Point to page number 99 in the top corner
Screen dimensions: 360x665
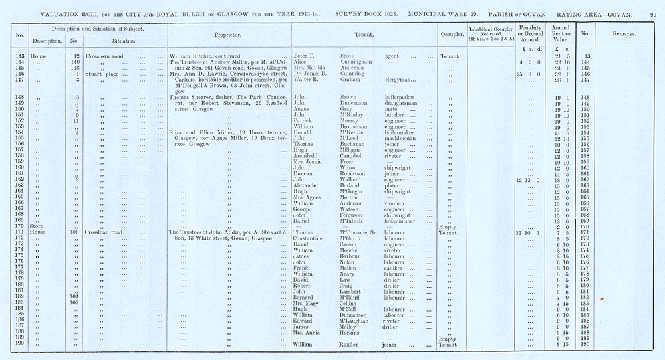pos(652,13)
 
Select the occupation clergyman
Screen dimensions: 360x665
pos(401,80)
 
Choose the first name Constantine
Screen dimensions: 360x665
pos(311,238)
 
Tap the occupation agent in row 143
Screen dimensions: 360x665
pos(393,56)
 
